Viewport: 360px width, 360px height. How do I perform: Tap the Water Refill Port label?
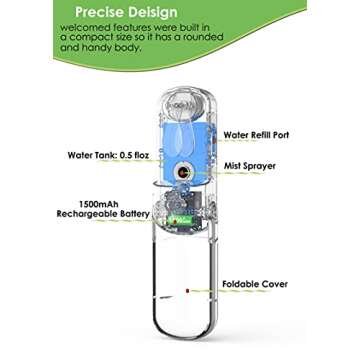click(x=256, y=134)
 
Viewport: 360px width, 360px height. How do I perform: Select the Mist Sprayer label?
click(x=248, y=165)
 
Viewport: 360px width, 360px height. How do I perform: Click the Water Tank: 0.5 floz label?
click(x=104, y=156)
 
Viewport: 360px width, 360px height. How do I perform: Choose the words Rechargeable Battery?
click(x=101, y=213)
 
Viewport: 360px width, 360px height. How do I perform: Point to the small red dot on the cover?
click(x=187, y=291)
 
